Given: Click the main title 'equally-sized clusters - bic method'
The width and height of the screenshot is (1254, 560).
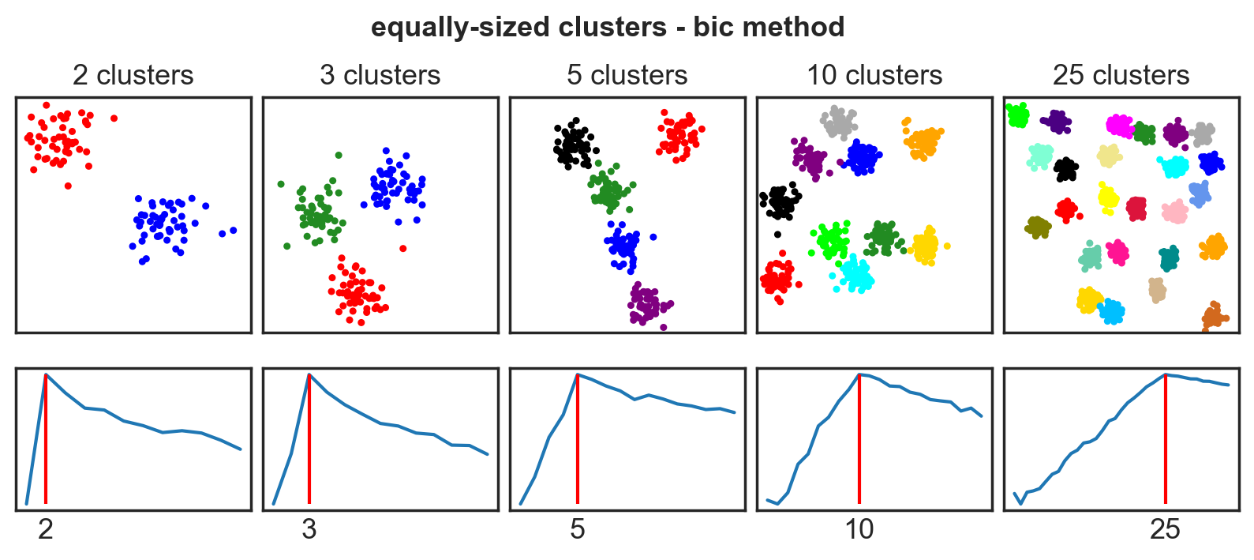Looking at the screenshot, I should (608, 27).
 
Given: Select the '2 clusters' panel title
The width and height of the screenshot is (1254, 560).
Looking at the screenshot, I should (133, 75).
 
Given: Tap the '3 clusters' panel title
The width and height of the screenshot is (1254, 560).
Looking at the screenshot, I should (380, 75).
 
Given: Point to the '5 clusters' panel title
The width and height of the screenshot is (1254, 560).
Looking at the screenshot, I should (627, 75).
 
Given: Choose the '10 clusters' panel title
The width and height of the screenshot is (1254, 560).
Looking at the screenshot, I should (874, 75).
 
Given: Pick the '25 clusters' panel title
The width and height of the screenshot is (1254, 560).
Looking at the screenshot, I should (1121, 75).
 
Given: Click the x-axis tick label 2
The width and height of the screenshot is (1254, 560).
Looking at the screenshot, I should (46, 529).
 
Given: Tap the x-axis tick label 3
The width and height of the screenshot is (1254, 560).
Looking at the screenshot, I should (309, 529).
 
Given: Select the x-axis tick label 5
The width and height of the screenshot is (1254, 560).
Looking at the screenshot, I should (578, 529).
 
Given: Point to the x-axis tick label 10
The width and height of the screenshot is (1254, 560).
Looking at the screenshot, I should (859, 529).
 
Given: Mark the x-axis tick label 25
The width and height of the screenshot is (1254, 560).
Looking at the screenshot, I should (1165, 529).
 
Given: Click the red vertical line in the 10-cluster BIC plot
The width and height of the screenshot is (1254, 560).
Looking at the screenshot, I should (859, 442).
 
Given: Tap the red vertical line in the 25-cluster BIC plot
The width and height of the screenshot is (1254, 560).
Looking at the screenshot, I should (1166, 442).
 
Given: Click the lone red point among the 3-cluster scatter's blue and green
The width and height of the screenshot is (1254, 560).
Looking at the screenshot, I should (403, 248).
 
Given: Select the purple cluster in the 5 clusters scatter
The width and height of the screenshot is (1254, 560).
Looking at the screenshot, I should (648, 304).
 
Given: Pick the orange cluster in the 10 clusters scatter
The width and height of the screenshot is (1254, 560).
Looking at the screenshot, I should (922, 142).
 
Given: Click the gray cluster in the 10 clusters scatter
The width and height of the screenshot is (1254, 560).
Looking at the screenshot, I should (838, 122).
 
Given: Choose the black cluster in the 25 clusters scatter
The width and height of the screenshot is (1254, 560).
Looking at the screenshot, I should (1066, 169).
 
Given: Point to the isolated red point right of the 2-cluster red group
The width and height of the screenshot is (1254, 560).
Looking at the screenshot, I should (114, 118).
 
